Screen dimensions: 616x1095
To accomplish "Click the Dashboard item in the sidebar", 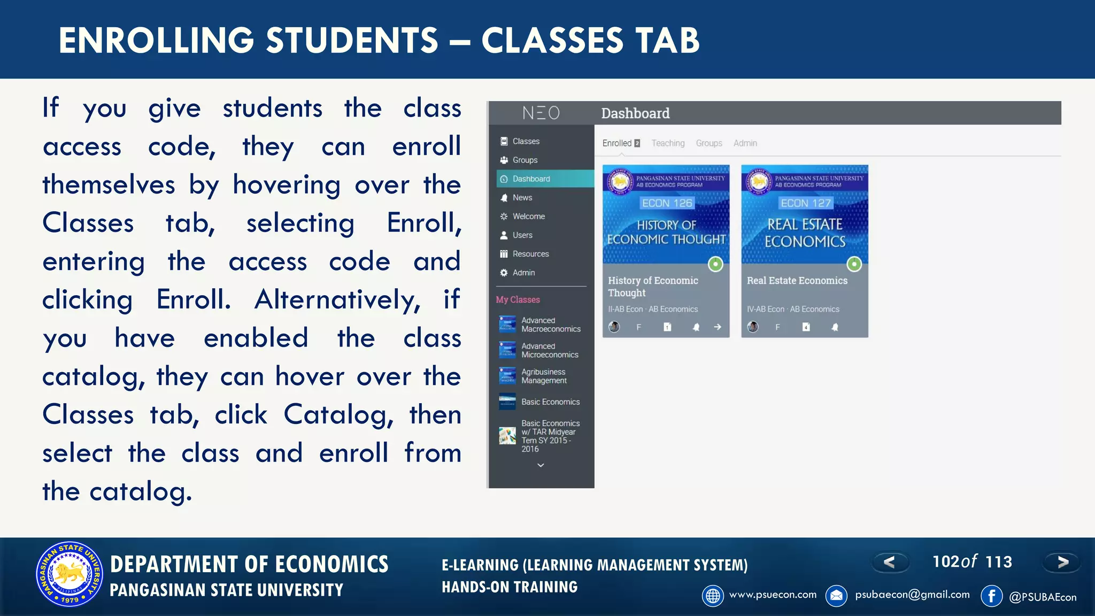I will click(530, 179).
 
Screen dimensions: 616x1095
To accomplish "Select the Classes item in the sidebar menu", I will click(526, 141).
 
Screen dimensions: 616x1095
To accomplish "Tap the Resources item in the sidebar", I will click(530, 254).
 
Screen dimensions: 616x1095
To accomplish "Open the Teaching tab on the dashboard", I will click(668, 143).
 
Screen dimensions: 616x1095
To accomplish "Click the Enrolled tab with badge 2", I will click(621, 143).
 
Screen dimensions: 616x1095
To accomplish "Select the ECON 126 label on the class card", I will click(667, 203).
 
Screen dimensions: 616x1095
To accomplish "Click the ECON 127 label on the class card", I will click(805, 203).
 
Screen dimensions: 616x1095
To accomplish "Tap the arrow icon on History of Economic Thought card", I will click(718, 327).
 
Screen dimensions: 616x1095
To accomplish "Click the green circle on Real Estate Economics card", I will click(854, 264).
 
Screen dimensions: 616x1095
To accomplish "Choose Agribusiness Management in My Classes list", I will click(544, 376).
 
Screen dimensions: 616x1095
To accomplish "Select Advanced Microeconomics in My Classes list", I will click(549, 350).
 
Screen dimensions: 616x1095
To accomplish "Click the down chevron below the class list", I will click(541, 465).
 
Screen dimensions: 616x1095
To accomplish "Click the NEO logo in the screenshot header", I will click(541, 113).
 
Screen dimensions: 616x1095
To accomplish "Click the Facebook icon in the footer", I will click(991, 596).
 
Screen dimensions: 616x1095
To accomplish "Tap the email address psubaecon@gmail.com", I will click(912, 595).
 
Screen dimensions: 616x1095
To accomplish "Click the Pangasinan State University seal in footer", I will click(70, 574).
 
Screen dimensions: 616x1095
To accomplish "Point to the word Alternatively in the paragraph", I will click(337, 299).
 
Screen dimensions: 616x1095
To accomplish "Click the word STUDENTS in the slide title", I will click(352, 41).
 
